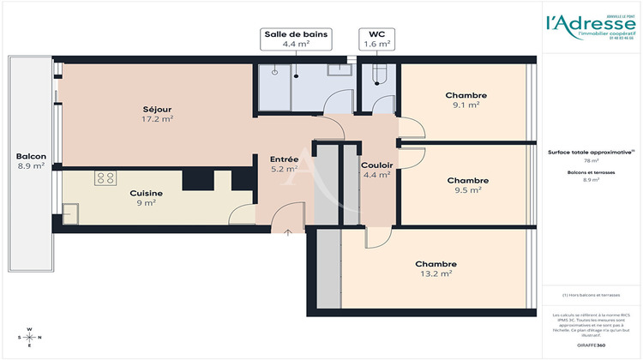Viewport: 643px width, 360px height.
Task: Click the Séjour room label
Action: [x=157, y=114]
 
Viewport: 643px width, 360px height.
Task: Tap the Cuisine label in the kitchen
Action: [x=146, y=198]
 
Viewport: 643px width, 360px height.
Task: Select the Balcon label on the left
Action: [x=31, y=161]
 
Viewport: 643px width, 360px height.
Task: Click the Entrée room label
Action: [x=284, y=164]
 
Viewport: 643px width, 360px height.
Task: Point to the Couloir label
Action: [x=376, y=169]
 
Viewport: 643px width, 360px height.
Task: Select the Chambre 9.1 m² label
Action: [x=466, y=99]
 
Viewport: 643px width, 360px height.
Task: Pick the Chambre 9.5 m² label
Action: [x=468, y=185]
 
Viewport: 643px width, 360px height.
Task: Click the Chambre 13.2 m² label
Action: [x=436, y=268]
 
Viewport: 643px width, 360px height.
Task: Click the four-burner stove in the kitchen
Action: [x=106, y=178]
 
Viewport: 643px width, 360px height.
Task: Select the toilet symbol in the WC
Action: [x=380, y=76]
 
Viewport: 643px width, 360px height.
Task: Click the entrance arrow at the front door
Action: [x=287, y=231]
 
